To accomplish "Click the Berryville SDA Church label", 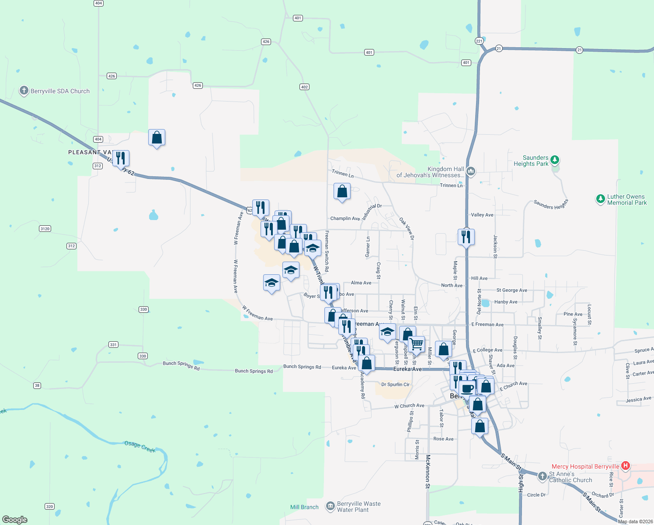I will [x=60, y=91].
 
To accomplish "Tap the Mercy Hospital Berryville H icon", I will [x=626, y=466].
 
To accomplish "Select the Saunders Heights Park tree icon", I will [x=555, y=160].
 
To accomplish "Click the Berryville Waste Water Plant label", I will [x=358, y=507].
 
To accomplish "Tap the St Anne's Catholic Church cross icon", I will [x=543, y=476].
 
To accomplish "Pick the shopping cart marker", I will [x=417, y=344].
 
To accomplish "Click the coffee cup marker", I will [x=467, y=388].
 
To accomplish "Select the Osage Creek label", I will [x=140, y=446].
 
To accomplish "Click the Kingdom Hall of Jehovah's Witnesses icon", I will [x=470, y=171].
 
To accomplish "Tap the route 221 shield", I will [x=479, y=41].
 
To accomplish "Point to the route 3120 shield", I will [x=45, y=229].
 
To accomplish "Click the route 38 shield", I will [x=37, y=385].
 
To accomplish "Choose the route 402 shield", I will [x=305, y=87].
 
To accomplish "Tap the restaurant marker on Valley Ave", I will [x=466, y=237].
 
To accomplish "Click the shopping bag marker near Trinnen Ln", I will [x=342, y=191].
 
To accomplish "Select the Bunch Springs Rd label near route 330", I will [x=181, y=365].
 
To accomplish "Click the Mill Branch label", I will [x=304, y=507].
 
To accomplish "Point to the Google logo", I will [x=15, y=519].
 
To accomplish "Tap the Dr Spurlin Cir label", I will [x=395, y=385].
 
